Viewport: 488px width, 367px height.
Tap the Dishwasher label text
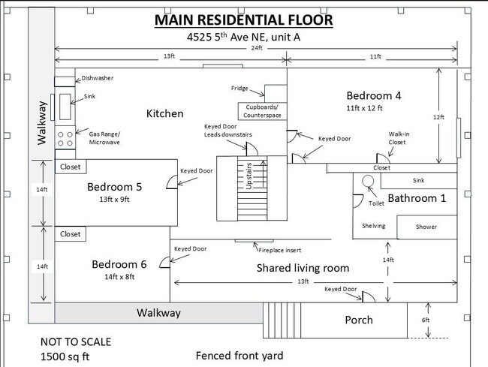pyautogui.click(x=98, y=78)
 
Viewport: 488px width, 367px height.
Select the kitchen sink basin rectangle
pyautogui.click(x=65, y=107)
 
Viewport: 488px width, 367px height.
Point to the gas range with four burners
pyautogui.click(x=65, y=137)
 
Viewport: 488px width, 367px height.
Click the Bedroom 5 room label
pyautogui.click(x=115, y=187)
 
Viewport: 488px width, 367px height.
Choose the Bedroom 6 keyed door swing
pyautogui.click(x=165, y=262)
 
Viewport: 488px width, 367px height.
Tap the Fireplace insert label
pyautogui.click(x=280, y=250)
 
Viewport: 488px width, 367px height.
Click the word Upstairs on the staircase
pyautogui.click(x=249, y=176)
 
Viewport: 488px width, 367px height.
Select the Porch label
pyautogui.click(x=359, y=320)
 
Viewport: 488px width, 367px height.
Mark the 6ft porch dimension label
pyautogui.click(x=426, y=320)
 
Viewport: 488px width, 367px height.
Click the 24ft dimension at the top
pyautogui.click(x=257, y=48)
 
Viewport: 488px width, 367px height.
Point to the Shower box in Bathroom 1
pyautogui.click(x=427, y=227)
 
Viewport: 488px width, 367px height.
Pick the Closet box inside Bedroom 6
pyautogui.click(x=71, y=234)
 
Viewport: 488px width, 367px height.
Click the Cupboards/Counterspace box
pyautogui.click(x=262, y=111)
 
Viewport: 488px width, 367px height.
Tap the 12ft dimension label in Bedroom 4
pyautogui.click(x=438, y=117)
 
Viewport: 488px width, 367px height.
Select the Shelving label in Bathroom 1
pyautogui.click(x=373, y=226)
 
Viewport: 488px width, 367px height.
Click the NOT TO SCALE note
pyautogui.click(x=76, y=341)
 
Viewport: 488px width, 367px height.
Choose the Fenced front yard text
pyautogui.click(x=239, y=356)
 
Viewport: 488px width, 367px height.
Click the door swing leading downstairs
pyautogui.click(x=252, y=149)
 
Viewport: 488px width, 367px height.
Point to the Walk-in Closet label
pyautogui.click(x=398, y=138)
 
